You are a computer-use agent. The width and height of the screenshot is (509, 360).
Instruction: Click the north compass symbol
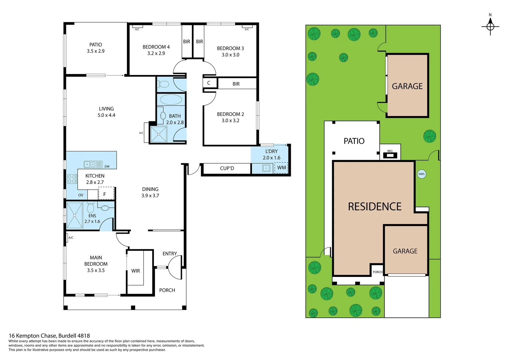coord(490,26)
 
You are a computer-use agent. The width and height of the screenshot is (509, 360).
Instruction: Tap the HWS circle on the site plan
coord(421,174)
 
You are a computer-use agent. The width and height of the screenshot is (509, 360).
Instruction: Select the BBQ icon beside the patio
coord(390,155)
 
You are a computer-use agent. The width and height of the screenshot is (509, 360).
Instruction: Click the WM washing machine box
coord(281,168)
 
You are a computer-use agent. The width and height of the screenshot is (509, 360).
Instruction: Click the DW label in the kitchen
coord(107,166)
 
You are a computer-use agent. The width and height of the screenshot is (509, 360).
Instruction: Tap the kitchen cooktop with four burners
coord(72,179)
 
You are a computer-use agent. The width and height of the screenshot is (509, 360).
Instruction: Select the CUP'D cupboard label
coord(227,168)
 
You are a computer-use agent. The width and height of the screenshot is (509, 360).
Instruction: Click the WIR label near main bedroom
coord(136,271)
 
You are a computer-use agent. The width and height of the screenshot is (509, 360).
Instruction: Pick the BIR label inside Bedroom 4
coord(187,42)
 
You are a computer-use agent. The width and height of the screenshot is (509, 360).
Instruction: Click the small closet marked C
coord(209,83)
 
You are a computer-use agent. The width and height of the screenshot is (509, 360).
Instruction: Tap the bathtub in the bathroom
coord(171,100)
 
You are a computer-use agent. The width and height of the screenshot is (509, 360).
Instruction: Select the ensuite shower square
coord(75,215)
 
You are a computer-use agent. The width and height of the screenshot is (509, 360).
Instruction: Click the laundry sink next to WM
coord(266,168)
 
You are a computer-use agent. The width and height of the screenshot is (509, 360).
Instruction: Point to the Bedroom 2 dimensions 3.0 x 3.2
coord(231,121)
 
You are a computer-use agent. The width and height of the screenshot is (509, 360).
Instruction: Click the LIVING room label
coord(106,109)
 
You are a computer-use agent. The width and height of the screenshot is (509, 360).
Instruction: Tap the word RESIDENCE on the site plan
coord(374,207)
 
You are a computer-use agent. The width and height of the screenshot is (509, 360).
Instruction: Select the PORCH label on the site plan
coord(377,272)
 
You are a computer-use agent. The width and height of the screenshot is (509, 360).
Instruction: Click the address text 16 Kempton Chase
coord(49,336)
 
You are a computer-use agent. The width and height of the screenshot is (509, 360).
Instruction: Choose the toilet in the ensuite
coord(90,208)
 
